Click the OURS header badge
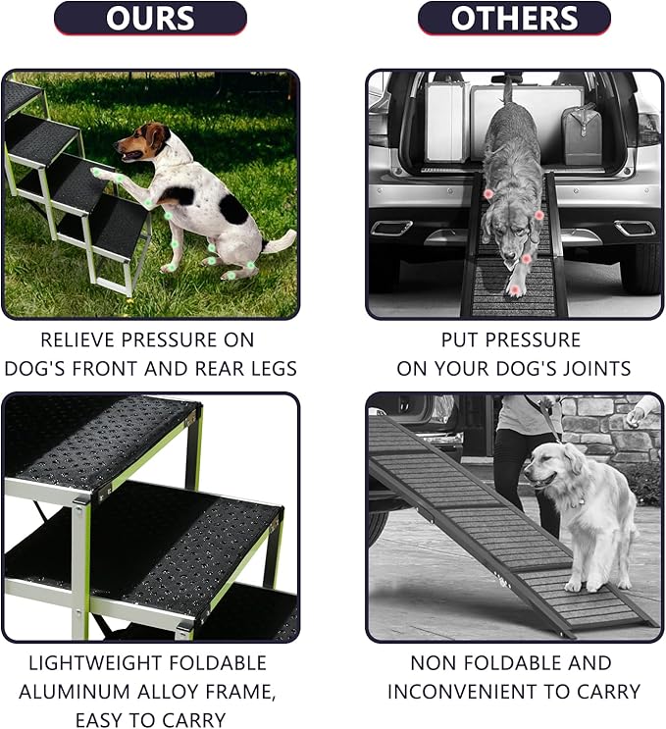coord(149,19)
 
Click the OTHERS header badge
coord(514,19)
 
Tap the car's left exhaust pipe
coord(391,229)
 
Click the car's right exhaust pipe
coord(635,229)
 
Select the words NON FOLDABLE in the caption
coord(484,663)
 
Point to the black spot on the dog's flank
coord(233,208)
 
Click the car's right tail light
coord(648,129)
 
